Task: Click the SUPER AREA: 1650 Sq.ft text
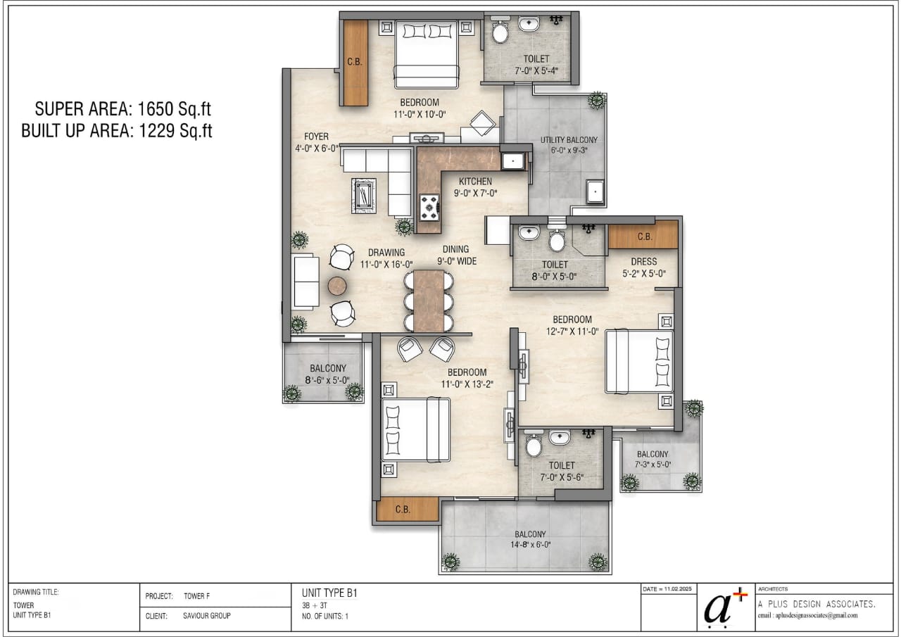click(123, 109)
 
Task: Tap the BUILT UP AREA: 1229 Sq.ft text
click(117, 131)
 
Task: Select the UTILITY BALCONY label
click(569, 140)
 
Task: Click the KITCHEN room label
click(476, 182)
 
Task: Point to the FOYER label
click(316, 137)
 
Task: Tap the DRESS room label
click(643, 262)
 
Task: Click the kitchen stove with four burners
click(429, 208)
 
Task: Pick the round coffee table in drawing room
click(337, 286)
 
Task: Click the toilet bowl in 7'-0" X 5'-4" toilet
click(500, 32)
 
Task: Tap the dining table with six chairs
click(429, 301)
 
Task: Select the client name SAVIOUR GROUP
click(207, 615)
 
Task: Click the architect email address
click(807, 615)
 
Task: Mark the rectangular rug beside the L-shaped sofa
click(365, 196)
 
